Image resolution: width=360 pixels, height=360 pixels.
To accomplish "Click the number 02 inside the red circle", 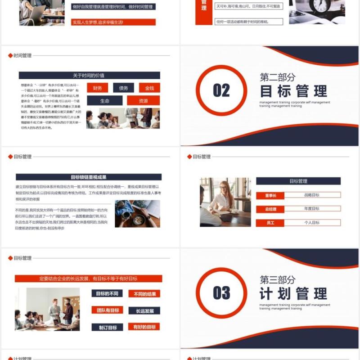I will [221, 90].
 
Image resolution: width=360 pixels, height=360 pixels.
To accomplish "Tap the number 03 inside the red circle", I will [221, 293].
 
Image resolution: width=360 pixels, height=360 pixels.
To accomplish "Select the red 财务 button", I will [98, 88].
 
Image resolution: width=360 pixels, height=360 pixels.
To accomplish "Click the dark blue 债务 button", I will [123, 88].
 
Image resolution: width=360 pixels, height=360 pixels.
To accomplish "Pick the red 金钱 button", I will [149, 88].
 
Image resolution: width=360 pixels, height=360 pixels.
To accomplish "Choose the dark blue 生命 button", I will [105, 101].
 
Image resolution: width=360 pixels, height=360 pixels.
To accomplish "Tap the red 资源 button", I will [143, 101].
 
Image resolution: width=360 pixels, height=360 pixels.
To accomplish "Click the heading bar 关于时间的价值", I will [89, 76].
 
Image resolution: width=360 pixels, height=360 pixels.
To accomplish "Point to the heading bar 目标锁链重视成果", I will [89, 177].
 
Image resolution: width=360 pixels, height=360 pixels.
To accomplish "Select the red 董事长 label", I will [270, 195].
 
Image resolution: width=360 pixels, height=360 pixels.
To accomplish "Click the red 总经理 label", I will [270, 209].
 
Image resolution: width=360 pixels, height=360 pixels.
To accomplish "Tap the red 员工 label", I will [270, 223].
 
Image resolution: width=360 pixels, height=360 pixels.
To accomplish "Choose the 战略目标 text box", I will [311, 195].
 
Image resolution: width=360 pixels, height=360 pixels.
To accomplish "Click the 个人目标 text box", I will [311, 222].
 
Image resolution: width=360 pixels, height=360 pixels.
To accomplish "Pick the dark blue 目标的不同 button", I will [107, 293].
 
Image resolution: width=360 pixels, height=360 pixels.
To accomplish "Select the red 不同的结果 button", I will [144, 294].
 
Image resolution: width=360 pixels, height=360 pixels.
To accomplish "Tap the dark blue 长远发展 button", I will [144, 310].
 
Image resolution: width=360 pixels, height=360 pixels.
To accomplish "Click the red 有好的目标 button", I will [144, 327].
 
